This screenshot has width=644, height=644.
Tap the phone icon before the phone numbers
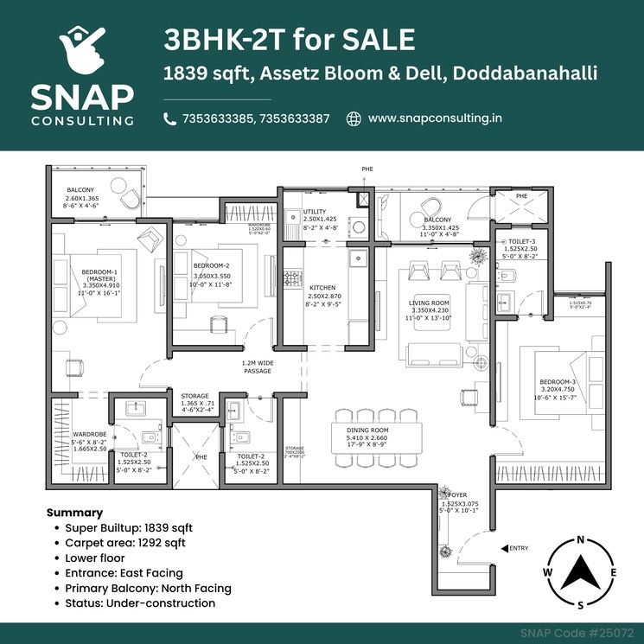point(169,119)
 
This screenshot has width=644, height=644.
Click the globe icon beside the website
point(353,118)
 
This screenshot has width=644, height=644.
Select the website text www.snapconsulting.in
point(435,118)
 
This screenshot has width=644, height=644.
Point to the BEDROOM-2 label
point(211,265)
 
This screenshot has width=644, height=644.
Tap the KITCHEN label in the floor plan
point(322,288)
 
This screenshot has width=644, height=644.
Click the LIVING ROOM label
point(430,303)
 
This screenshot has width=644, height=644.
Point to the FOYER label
point(458,495)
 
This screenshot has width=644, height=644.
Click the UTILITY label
point(315,212)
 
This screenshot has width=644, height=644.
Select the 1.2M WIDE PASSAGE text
point(257,367)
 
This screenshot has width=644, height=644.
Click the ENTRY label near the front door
point(520,548)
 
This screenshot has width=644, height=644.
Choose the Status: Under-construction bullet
point(140,603)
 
